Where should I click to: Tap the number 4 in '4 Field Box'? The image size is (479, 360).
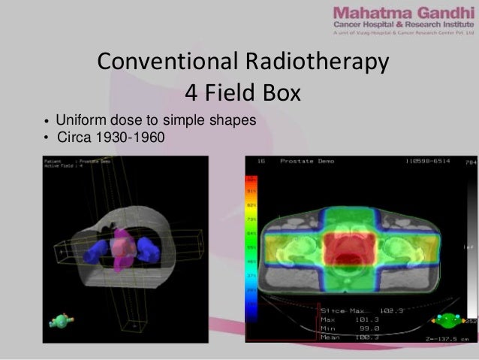click(191, 93)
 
